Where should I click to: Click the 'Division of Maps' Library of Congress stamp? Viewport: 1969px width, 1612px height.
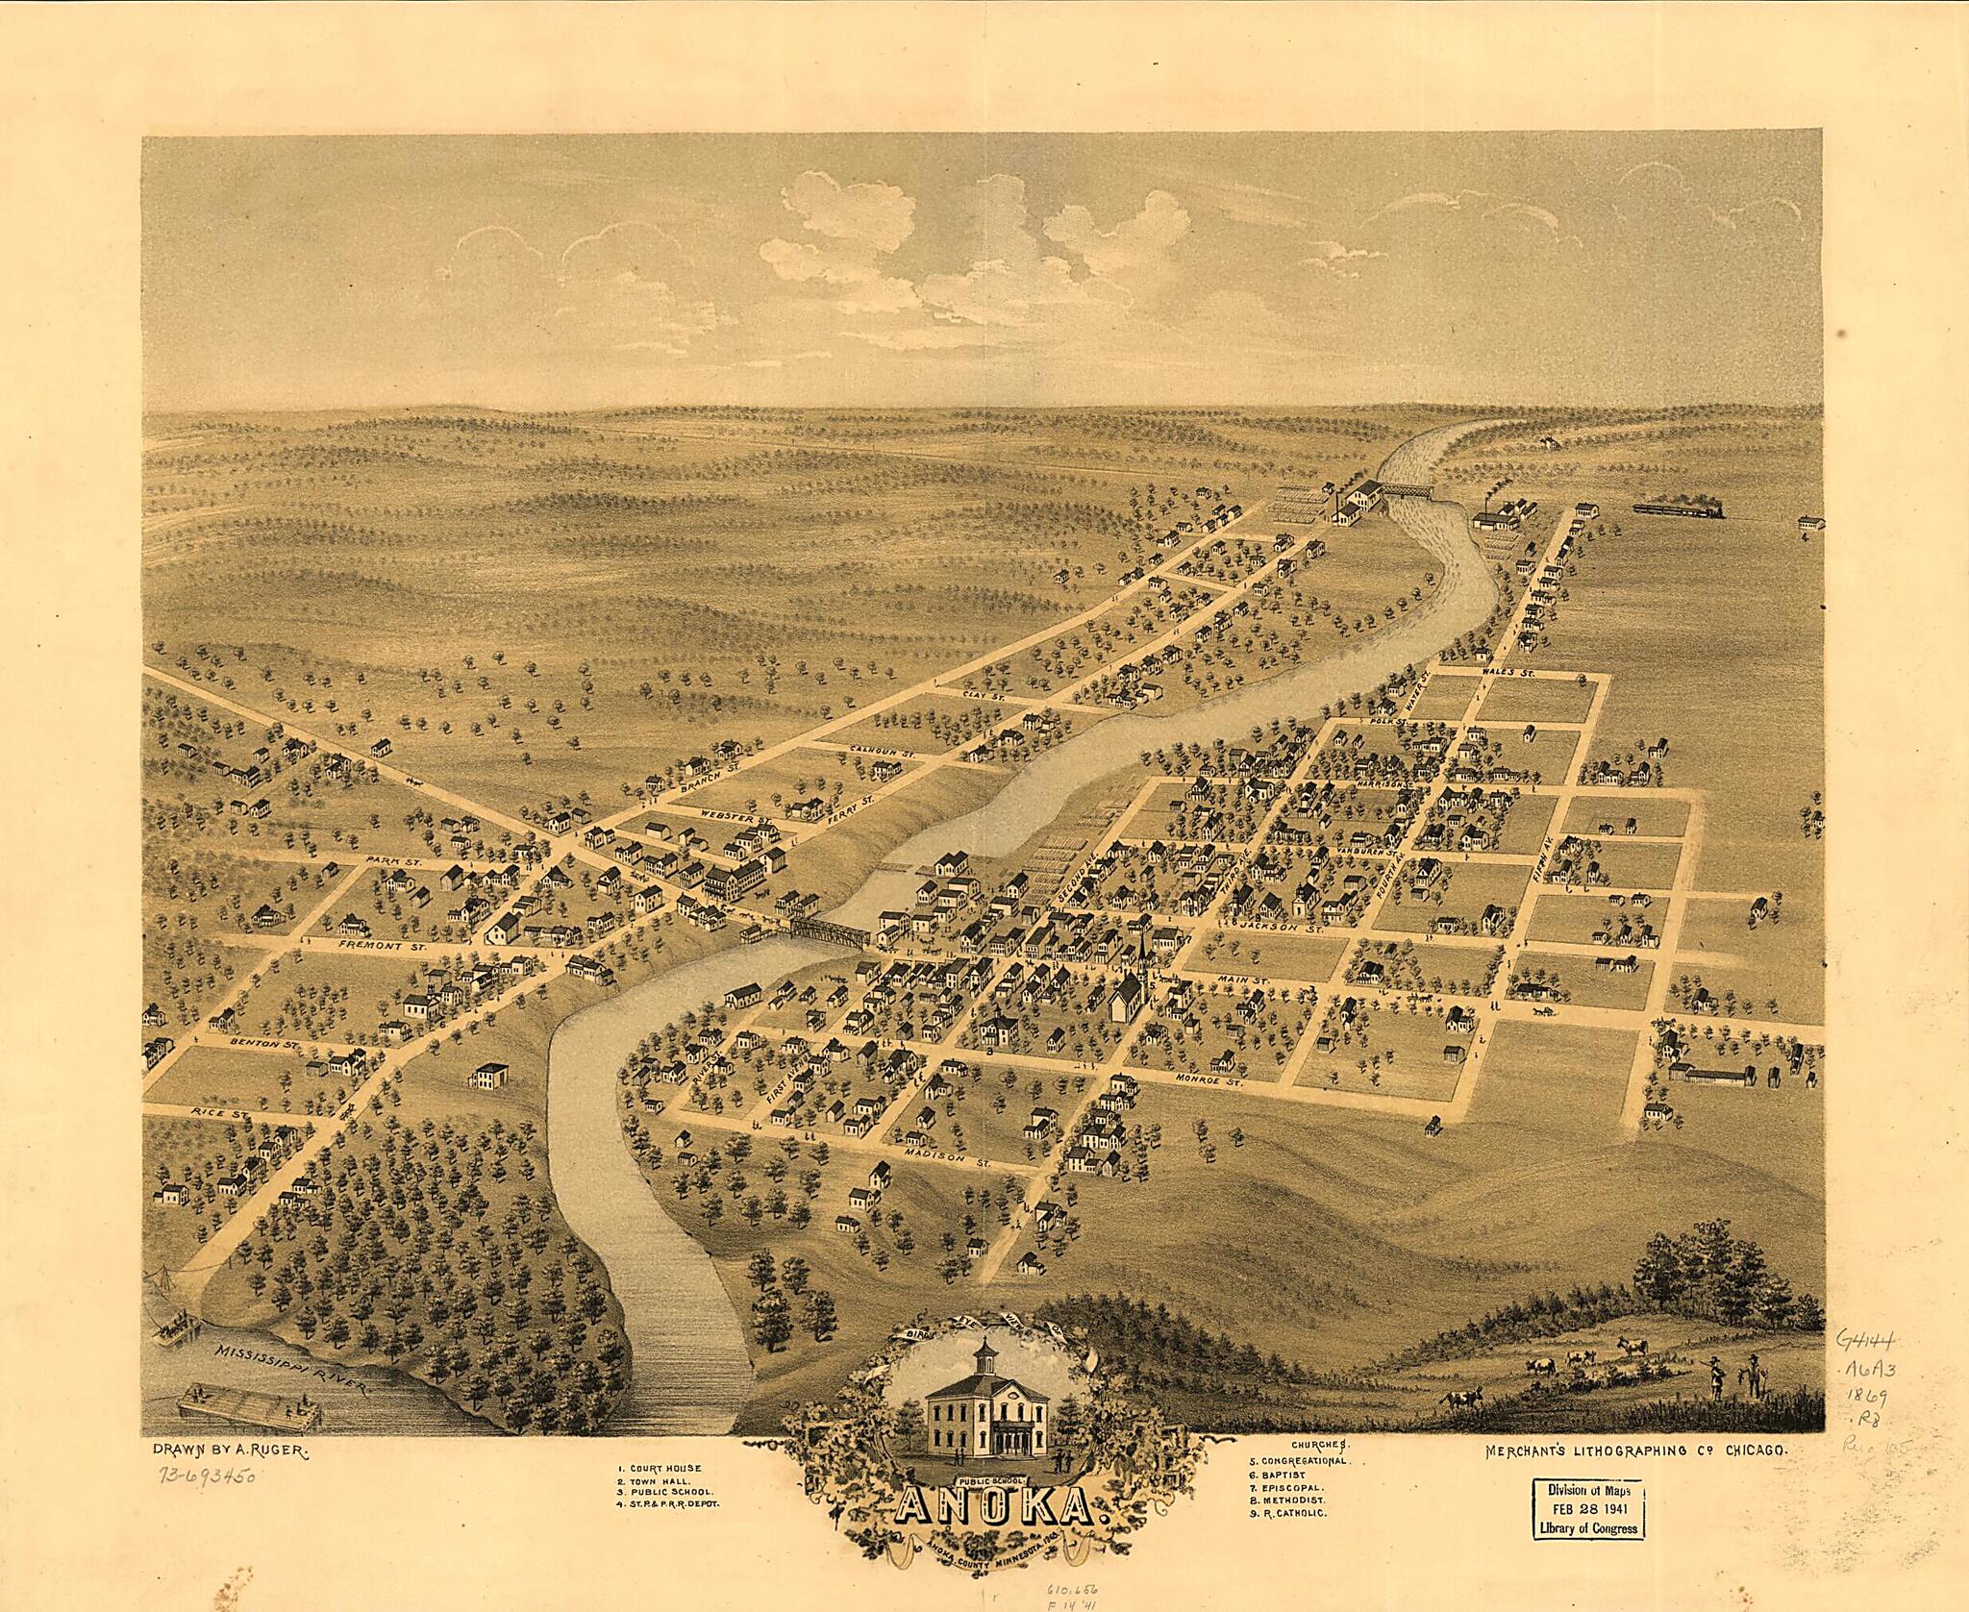click(1587, 1508)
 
